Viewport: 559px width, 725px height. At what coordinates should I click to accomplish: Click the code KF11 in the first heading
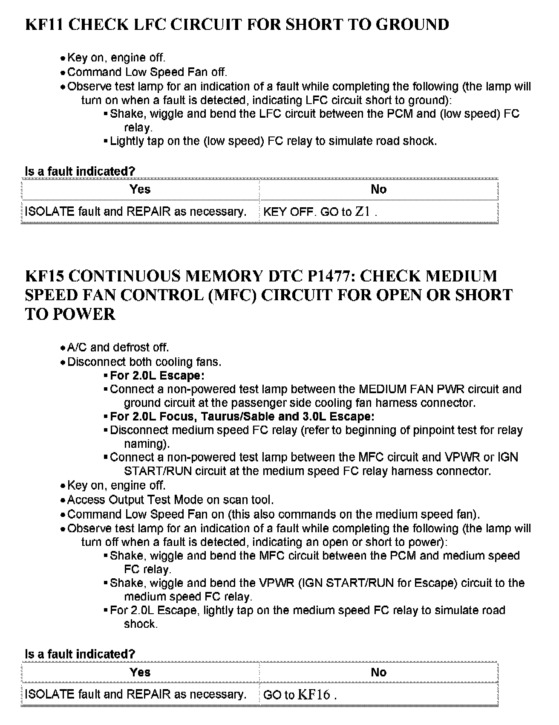click(x=44, y=24)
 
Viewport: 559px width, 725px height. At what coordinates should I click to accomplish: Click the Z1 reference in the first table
click(x=363, y=212)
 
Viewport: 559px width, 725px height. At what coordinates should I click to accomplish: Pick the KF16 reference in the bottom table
click(x=314, y=695)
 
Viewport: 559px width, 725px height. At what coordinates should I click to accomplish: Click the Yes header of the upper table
click(x=140, y=189)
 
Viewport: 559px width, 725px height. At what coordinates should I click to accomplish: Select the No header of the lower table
click(x=378, y=673)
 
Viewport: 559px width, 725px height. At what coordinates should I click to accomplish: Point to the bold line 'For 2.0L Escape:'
click(x=157, y=376)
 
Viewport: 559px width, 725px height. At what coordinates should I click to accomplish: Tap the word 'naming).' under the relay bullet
click(x=147, y=444)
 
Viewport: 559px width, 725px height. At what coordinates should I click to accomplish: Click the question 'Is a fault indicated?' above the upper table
click(x=80, y=171)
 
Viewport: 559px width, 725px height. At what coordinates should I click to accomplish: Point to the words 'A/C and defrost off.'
click(x=118, y=348)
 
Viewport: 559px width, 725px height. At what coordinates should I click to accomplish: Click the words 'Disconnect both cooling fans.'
click(x=144, y=362)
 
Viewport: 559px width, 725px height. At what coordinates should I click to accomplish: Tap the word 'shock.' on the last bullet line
click(x=141, y=624)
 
